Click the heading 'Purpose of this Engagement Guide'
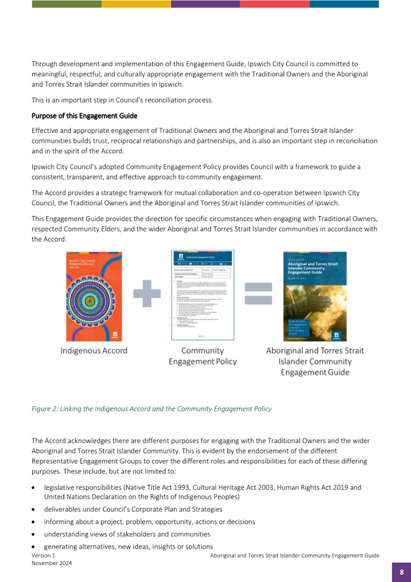pos(84,116)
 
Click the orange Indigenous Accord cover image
pos(94,296)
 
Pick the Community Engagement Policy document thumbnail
pos(202,295)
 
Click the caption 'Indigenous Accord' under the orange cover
pos(94,350)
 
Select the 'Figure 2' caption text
pos(152,408)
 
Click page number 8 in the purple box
pos(401,572)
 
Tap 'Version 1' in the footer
pos(43,556)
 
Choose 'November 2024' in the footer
pos(52,563)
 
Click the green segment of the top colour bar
pos(66,4)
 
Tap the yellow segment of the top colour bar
pos(136,4)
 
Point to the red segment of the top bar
pos(274,4)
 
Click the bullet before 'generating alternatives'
pos(33,547)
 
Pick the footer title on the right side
pos(294,556)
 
